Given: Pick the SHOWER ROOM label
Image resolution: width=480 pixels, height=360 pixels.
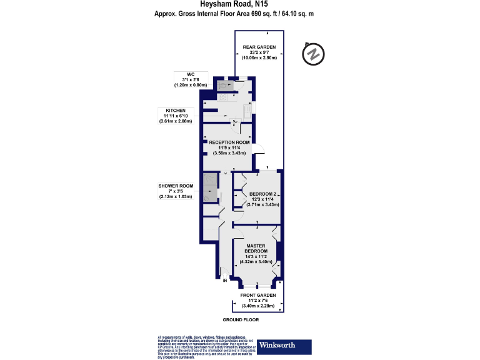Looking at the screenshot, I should pos(176,186).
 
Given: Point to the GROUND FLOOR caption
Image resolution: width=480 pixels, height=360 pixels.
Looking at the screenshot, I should pos(242,319).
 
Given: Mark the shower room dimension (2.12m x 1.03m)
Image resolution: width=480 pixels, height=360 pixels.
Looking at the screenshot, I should pos(176,197).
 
